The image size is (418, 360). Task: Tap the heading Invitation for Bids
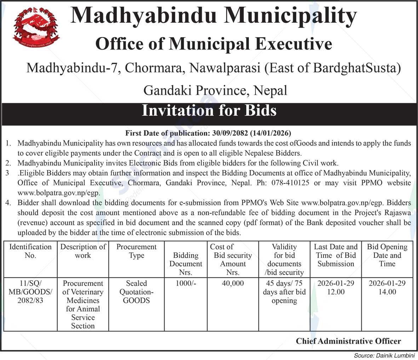coord(209,111)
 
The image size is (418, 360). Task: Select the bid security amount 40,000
coord(233,283)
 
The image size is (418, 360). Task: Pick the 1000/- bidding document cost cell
coord(185,283)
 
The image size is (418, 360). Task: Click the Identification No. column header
coord(30,251)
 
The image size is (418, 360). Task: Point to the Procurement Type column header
coord(136,251)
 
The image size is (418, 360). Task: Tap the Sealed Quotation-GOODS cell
coord(136,292)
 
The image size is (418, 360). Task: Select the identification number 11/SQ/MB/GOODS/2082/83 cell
coord(30,292)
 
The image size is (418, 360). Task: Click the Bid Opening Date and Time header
coord(387,255)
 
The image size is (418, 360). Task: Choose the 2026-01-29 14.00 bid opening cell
coord(387,288)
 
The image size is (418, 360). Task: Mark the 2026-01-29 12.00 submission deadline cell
coord(336,288)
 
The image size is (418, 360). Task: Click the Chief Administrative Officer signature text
coord(348,341)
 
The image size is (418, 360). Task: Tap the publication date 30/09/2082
coord(230,133)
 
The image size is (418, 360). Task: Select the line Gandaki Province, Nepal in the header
coord(215,91)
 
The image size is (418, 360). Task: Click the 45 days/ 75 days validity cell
coord(284,292)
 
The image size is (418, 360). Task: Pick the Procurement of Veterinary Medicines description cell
coord(83,304)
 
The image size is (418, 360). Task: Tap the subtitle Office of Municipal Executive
coord(214,44)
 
